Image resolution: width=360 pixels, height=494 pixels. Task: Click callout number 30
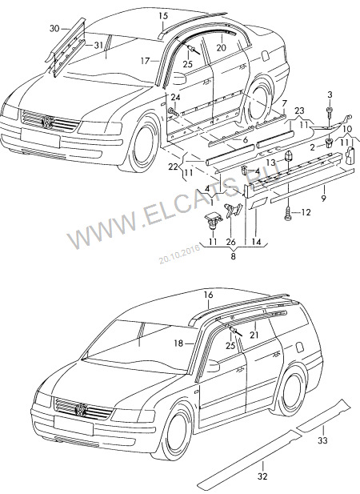click(x=54, y=29)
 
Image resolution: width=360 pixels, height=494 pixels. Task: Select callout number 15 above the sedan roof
click(x=163, y=16)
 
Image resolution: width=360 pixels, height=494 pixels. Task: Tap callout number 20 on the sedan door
click(x=222, y=47)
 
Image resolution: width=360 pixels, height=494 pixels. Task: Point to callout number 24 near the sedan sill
click(x=175, y=98)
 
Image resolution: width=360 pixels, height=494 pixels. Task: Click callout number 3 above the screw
click(x=330, y=94)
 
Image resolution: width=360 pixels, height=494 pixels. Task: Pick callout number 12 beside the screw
click(x=306, y=213)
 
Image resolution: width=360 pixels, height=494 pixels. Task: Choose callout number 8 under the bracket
click(x=233, y=256)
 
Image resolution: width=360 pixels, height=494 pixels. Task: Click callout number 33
click(x=322, y=440)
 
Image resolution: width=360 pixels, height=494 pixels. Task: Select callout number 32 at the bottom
click(x=262, y=476)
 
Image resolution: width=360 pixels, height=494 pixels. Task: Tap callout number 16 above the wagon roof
click(x=208, y=295)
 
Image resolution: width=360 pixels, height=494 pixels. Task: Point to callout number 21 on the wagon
click(x=254, y=335)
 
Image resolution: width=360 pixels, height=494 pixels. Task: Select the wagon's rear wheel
click(x=290, y=391)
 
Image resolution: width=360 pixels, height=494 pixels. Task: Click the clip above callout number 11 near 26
click(x=212, y=219)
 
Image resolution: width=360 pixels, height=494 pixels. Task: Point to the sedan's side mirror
click(x=178, y=78)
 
